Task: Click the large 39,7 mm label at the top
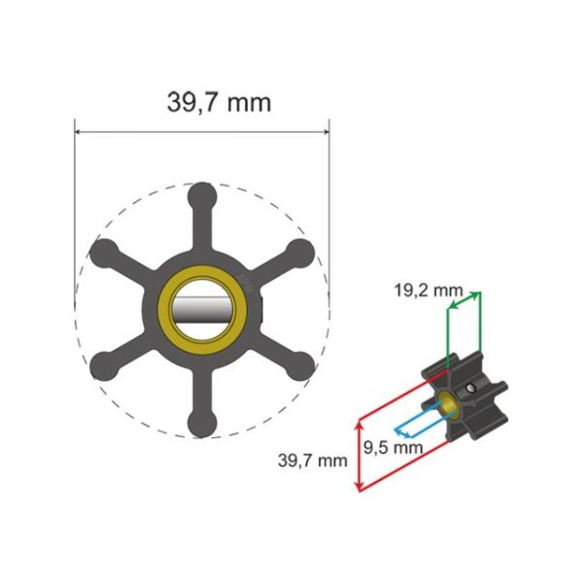pyautogui.click(x=202, y=101)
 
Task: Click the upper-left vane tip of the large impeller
pyautogui.click(x=100, y=251)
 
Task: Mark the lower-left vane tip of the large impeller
pyautogui.click(x=100, y=366)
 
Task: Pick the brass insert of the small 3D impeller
pyautogui.click(x=449, y=406)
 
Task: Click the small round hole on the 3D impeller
pyautogui.click(x=470, y=389)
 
